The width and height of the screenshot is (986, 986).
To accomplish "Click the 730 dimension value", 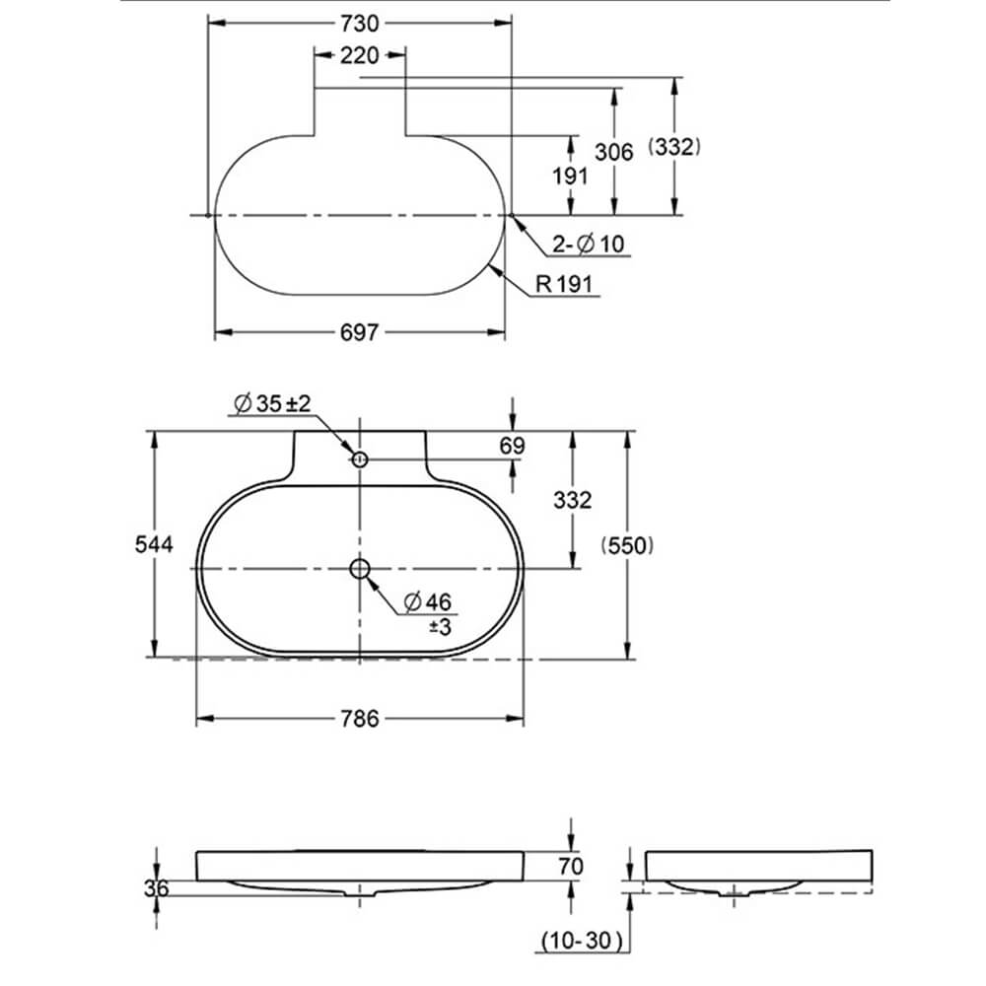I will coord(360,22).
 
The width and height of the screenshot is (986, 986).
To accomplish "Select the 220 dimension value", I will coord(359,56).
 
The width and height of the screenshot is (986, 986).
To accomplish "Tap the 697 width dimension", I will coord(360,333).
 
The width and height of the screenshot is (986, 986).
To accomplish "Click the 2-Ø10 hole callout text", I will coord(589,244).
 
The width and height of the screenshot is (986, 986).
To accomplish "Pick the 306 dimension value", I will coord(614,151).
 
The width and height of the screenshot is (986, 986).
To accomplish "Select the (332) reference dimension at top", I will coord(674,147).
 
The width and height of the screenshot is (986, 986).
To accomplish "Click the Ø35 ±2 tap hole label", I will coord(273,403).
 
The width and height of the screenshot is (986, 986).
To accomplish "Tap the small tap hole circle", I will coord(360,458).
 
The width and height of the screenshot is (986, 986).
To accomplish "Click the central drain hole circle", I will coord(360,568).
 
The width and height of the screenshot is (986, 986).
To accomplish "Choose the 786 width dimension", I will coord(360,719).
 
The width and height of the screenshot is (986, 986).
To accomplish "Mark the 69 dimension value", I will coord(512,446).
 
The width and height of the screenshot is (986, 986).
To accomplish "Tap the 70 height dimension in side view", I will coord(571,867).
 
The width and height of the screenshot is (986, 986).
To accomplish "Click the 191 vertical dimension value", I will coord(570,176).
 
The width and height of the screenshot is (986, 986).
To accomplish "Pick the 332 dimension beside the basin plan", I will coord(573,500).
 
